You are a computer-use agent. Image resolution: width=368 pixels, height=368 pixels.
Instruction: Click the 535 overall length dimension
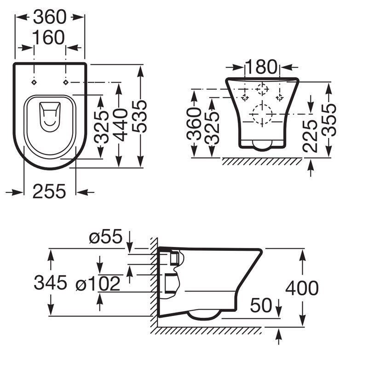coord(139,116)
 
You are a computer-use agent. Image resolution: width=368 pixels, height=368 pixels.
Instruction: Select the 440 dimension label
coord(120,125)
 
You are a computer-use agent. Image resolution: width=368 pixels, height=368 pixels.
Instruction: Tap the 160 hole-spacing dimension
coord(48,37)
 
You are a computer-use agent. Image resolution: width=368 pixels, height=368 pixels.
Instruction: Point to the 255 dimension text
coord(49,191)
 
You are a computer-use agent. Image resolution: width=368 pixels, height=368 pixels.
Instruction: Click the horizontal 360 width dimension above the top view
coord(50,17)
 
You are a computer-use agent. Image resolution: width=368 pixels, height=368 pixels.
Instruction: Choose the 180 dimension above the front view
coord(261,67)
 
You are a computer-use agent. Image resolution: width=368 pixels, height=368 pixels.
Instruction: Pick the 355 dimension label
coord(329,120)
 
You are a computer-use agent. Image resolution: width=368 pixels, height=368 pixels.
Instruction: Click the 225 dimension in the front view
coord(310,137)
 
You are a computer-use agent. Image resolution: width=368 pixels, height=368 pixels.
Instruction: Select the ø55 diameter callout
coord(106,236)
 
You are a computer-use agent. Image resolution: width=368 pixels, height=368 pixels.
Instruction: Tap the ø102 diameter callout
coord(98,283)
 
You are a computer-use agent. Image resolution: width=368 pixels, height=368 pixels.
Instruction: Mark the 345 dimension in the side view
coord(51,282)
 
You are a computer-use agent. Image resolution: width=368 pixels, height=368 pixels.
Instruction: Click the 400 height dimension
coord(302,288)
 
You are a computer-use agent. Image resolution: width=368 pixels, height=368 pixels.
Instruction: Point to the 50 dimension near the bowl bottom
coord(261,305)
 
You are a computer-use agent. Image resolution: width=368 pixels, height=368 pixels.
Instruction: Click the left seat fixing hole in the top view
coord(34,82)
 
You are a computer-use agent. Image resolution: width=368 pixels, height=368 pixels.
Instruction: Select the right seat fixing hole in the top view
coord(66,82)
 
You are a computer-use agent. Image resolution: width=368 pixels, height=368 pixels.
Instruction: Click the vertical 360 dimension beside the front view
coord(194,124)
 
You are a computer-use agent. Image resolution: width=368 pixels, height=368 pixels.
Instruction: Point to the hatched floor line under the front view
coord(262,161)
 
